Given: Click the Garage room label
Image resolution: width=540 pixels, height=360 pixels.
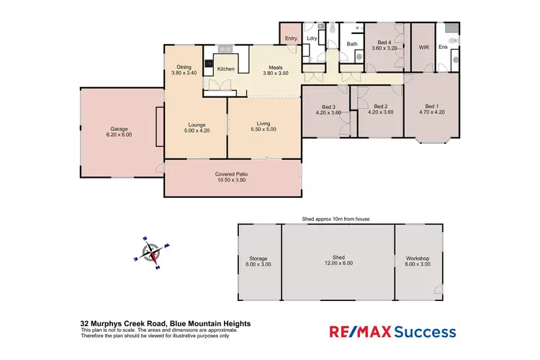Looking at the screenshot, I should tap(119, 129).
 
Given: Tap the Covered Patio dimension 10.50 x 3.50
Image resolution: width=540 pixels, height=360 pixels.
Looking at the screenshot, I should tap(233, 180).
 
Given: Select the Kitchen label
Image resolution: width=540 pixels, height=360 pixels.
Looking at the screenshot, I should tap(226, 69).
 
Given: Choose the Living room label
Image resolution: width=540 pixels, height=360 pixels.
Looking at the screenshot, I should tap(262, 123).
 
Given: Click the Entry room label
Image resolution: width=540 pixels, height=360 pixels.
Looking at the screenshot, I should tap(291, 38).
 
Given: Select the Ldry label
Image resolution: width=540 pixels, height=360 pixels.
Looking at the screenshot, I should tap(312, 38).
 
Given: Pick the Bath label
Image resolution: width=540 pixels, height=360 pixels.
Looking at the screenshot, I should tap(352, 44).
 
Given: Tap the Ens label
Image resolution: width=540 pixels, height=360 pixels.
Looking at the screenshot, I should tap(444, 48).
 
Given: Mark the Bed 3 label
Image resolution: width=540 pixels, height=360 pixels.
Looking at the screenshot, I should tap(328, 106).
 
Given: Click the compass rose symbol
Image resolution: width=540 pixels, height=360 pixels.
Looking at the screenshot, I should tap(151, 253).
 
